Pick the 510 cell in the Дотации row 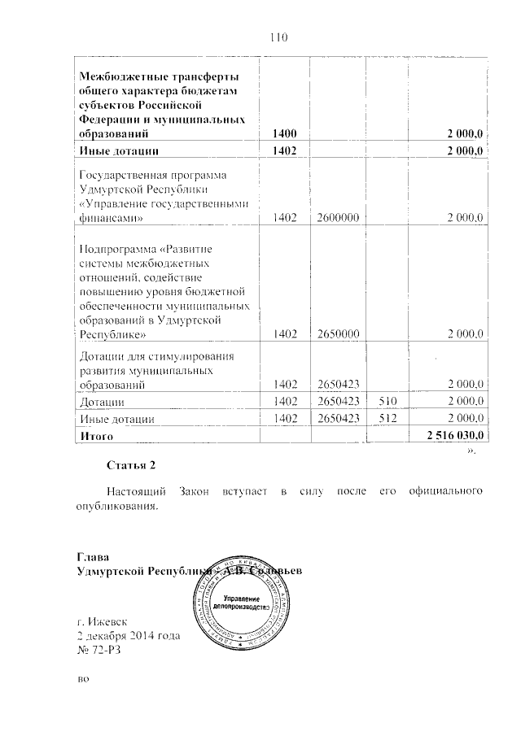click(x=391, y=401)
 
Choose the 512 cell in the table click(x=391, y=419)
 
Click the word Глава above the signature click(x=91, y=558)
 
